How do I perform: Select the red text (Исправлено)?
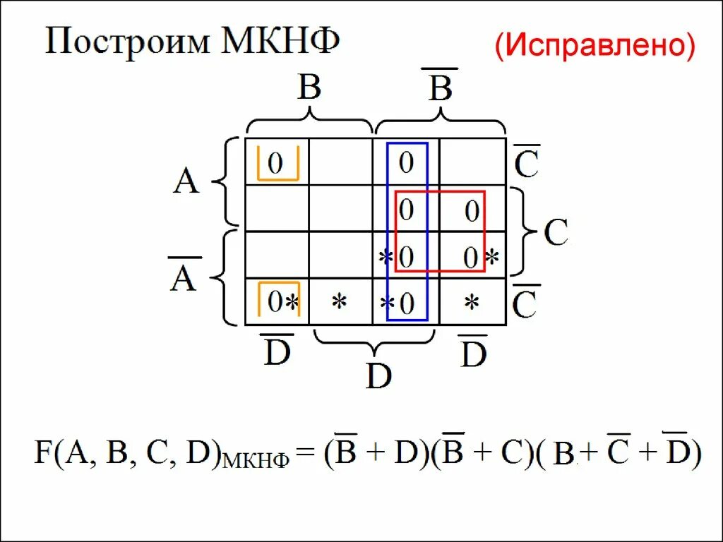click(594, 46)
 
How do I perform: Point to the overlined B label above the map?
click(440, 89)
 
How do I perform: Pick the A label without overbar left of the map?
click(187, 182)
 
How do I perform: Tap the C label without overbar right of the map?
click(556, 232)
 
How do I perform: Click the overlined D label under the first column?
click(277, 353)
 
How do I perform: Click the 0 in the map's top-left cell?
click(275, 164)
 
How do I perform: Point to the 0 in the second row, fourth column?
click(472, 210)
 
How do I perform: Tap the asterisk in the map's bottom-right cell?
click(472, 303)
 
